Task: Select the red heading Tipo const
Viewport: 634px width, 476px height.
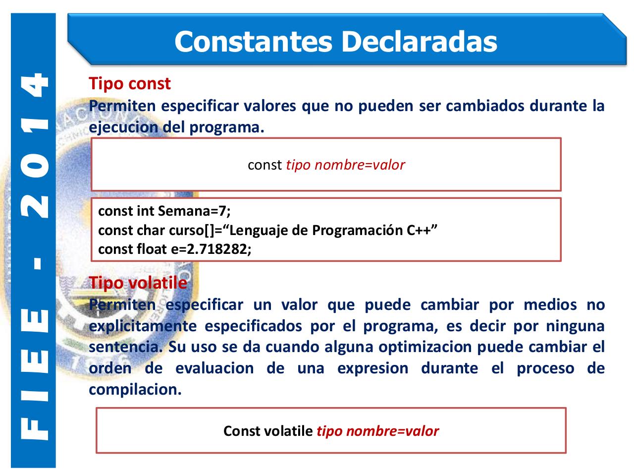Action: (x=130, y=83)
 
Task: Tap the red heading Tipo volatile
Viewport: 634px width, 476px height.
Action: (x=138, y=283)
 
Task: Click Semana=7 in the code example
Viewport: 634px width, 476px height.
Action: (x=194, y=211)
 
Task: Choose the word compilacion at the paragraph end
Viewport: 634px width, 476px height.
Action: (x=134, y=389)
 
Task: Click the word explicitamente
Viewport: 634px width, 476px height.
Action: (x=142, y=326)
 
